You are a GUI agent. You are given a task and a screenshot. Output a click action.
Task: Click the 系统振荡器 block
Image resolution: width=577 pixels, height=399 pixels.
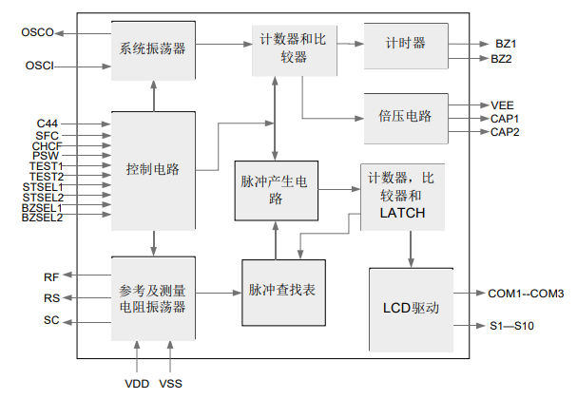pos(153,47)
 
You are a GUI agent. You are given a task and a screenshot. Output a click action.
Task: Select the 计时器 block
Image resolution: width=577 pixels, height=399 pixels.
pos(406,45)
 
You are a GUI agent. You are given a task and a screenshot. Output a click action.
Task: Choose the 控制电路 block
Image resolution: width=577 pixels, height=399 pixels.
pos(153,170)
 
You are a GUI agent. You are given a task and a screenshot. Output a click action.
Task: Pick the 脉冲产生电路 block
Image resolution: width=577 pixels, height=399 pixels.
pos(276,189)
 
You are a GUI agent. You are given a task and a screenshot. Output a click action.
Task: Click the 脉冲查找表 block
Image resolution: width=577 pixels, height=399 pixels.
pos(282,290)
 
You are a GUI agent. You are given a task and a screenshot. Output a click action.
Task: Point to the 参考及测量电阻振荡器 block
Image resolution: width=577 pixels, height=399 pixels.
pos(153,298)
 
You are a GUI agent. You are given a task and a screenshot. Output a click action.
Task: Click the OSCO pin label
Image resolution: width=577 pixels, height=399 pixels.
pos(38,33)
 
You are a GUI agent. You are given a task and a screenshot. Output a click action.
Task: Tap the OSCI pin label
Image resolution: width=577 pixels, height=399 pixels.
pos(38,66)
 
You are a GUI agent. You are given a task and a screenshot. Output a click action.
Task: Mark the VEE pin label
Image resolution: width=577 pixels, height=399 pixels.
pos(503,104)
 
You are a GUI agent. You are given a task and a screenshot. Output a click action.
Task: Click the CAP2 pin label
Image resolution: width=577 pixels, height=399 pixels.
pos(505,131)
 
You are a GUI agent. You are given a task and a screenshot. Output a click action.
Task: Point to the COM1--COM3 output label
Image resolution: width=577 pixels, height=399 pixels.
pos(526,294)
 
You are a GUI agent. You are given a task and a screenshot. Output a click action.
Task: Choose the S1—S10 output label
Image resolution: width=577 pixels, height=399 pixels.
pos(512,326)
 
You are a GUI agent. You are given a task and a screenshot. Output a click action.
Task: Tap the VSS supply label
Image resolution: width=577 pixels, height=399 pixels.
pos(172,384)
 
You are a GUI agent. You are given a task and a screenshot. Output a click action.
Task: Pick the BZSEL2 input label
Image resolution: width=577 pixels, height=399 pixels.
pos(42,218)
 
